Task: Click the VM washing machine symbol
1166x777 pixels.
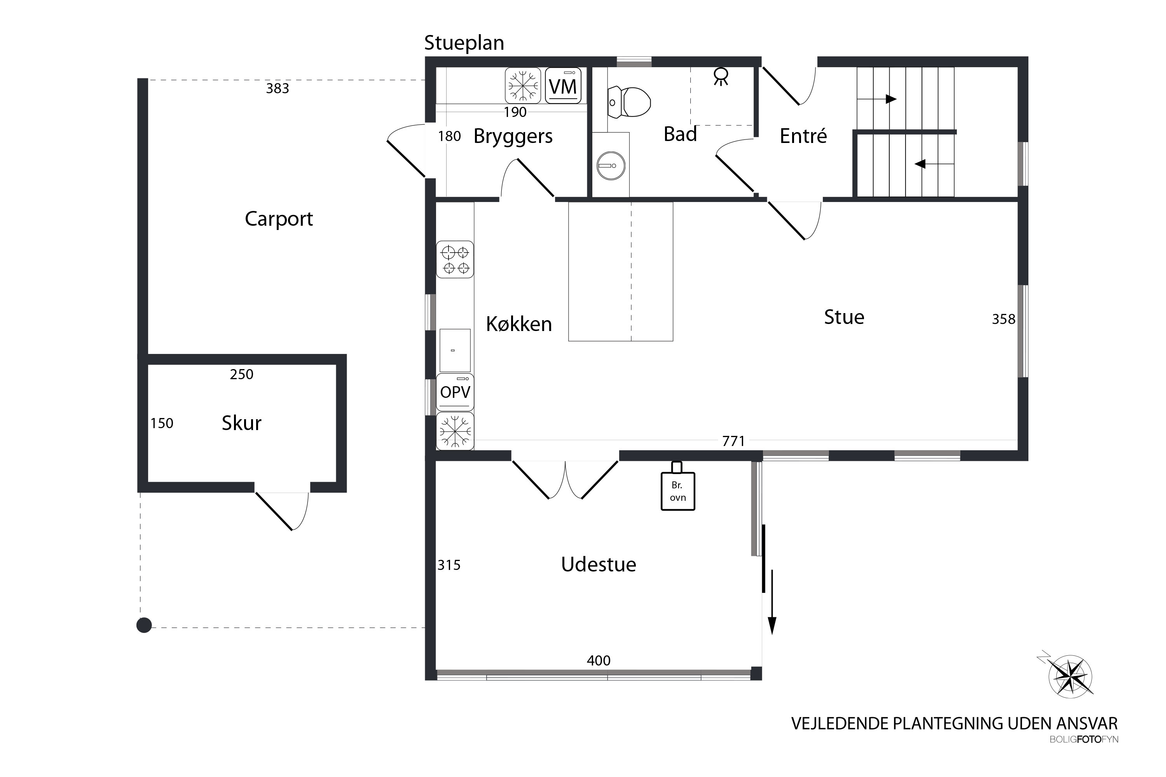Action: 563,86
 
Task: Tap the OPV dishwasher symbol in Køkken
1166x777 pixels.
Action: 455,392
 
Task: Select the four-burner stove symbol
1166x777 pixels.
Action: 455,260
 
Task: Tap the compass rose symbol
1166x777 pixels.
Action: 1070,676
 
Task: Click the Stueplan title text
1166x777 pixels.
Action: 464,43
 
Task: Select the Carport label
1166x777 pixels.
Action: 279,218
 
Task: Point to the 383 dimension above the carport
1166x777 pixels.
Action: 277,88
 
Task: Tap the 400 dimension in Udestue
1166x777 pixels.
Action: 599,660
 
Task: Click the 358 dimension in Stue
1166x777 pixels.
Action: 1004,319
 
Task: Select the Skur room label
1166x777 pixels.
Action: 241,423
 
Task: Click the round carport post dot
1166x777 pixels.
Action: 144,625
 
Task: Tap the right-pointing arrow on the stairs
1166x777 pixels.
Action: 890,99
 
